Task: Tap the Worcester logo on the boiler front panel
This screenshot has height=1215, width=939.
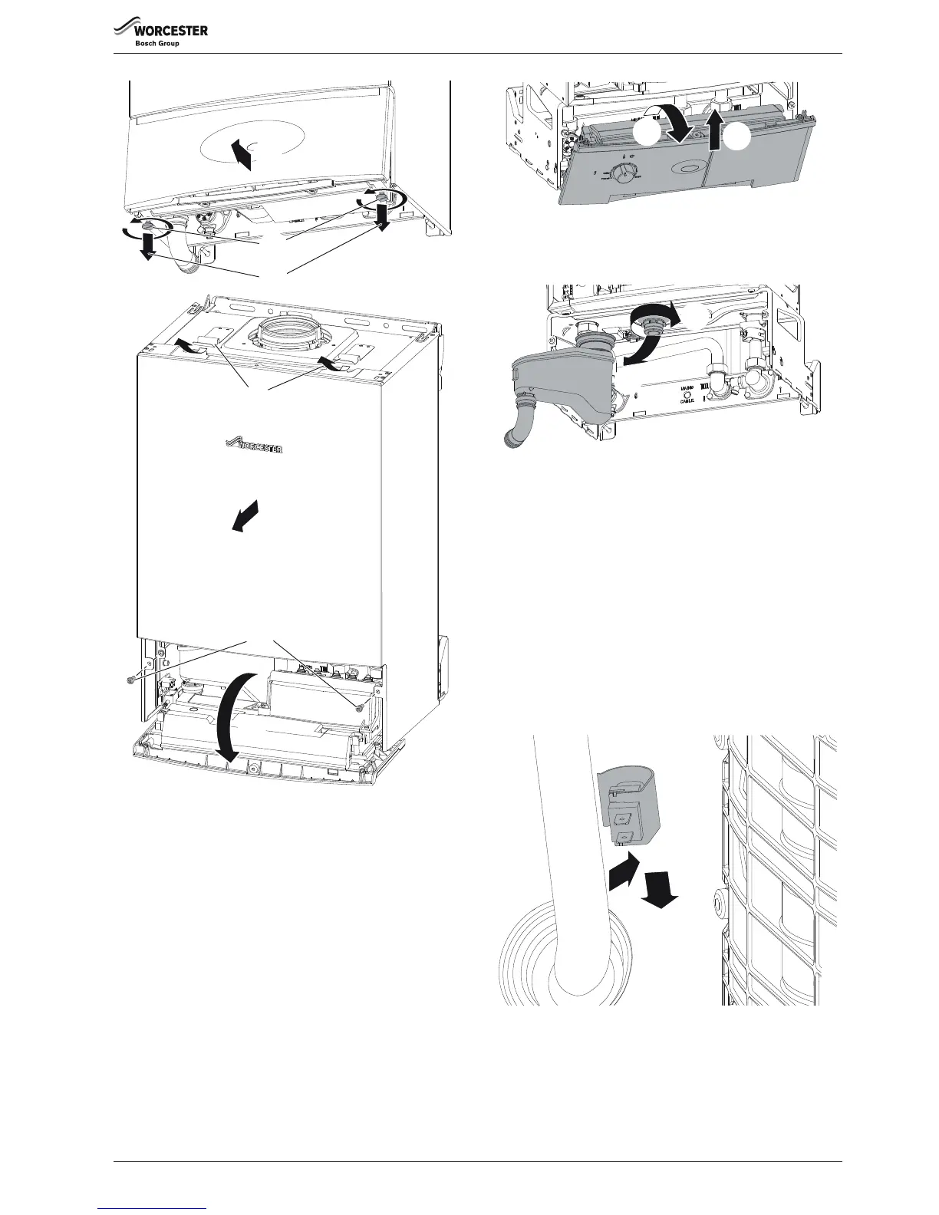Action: (x=254, y=444)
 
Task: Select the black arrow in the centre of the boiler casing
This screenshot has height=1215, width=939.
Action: (x=245, y=515)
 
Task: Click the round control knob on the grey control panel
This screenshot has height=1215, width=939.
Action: (x=623, y=174)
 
